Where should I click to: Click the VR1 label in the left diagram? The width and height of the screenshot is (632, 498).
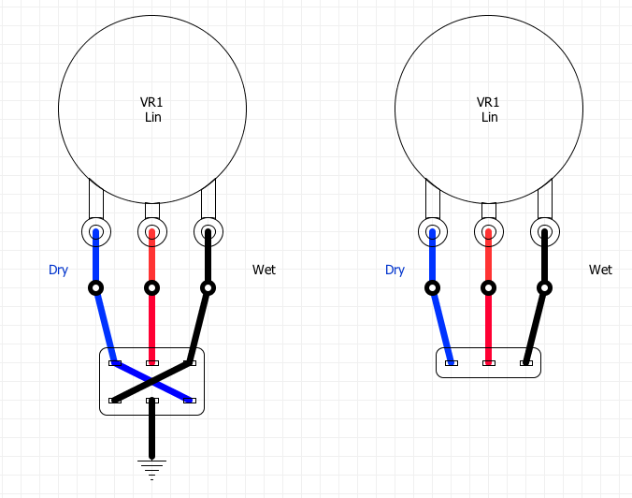pos(151,103)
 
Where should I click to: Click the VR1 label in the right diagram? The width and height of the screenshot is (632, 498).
pos(489,103)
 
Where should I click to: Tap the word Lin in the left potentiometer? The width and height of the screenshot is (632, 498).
pos(153,118)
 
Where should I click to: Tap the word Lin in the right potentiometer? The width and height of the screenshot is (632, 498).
pos(490,118)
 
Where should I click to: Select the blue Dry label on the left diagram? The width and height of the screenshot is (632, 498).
pos(58,271)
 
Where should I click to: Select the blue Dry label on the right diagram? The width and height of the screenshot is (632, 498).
pos(395,271)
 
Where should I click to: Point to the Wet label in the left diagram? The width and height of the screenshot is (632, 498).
pos(265,271)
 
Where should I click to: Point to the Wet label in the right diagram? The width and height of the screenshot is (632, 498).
pos(600,271)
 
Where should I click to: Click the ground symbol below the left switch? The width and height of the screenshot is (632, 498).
pos(151,465)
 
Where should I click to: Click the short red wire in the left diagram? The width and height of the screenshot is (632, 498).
pos(151,324)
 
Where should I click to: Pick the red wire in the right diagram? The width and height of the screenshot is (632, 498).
pos(488,324)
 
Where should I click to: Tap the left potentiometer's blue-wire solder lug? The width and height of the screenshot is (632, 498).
pos(95,230)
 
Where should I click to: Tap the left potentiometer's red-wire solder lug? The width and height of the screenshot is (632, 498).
pos(151,230)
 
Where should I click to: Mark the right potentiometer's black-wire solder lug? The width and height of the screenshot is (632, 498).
pos(545,230)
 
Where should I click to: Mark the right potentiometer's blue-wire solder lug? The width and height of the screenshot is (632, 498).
pos(432,230)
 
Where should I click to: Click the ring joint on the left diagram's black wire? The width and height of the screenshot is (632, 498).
pos(208,287)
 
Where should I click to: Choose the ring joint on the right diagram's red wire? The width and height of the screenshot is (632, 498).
pos(488,287)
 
